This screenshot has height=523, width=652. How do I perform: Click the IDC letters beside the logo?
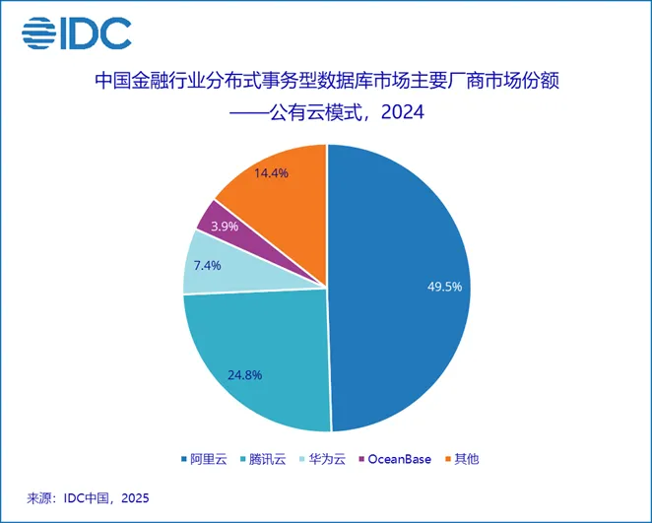pos(98,33)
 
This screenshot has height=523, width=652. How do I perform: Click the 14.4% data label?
pos(271,173)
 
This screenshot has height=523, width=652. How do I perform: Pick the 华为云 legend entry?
pos(325,460)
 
